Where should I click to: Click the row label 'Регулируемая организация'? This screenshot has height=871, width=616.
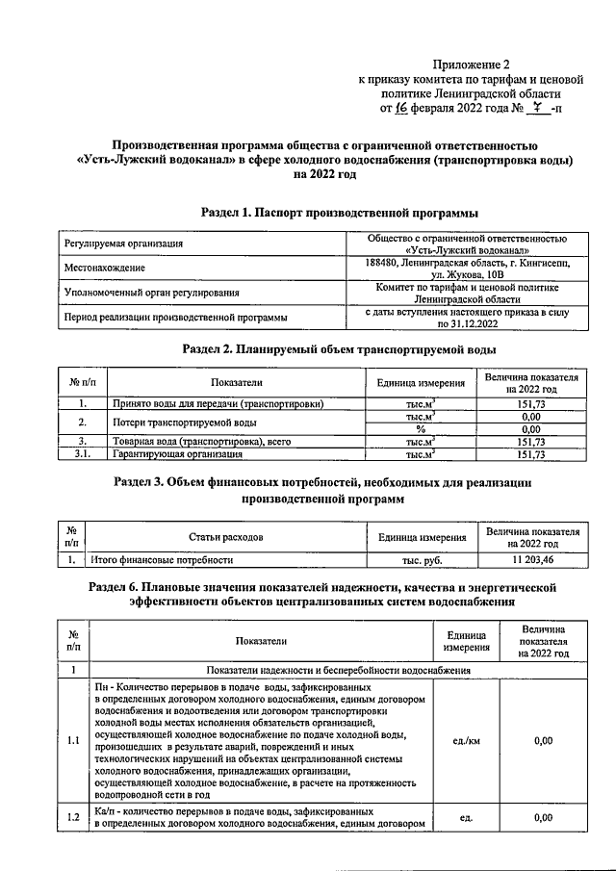point(123,244)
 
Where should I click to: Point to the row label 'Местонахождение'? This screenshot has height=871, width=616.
point(104,268)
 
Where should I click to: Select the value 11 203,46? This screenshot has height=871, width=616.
point(532,559)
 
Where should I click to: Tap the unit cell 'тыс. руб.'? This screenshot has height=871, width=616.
point(422,559)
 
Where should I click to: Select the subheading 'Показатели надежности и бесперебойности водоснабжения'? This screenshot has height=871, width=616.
point(336,668)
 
